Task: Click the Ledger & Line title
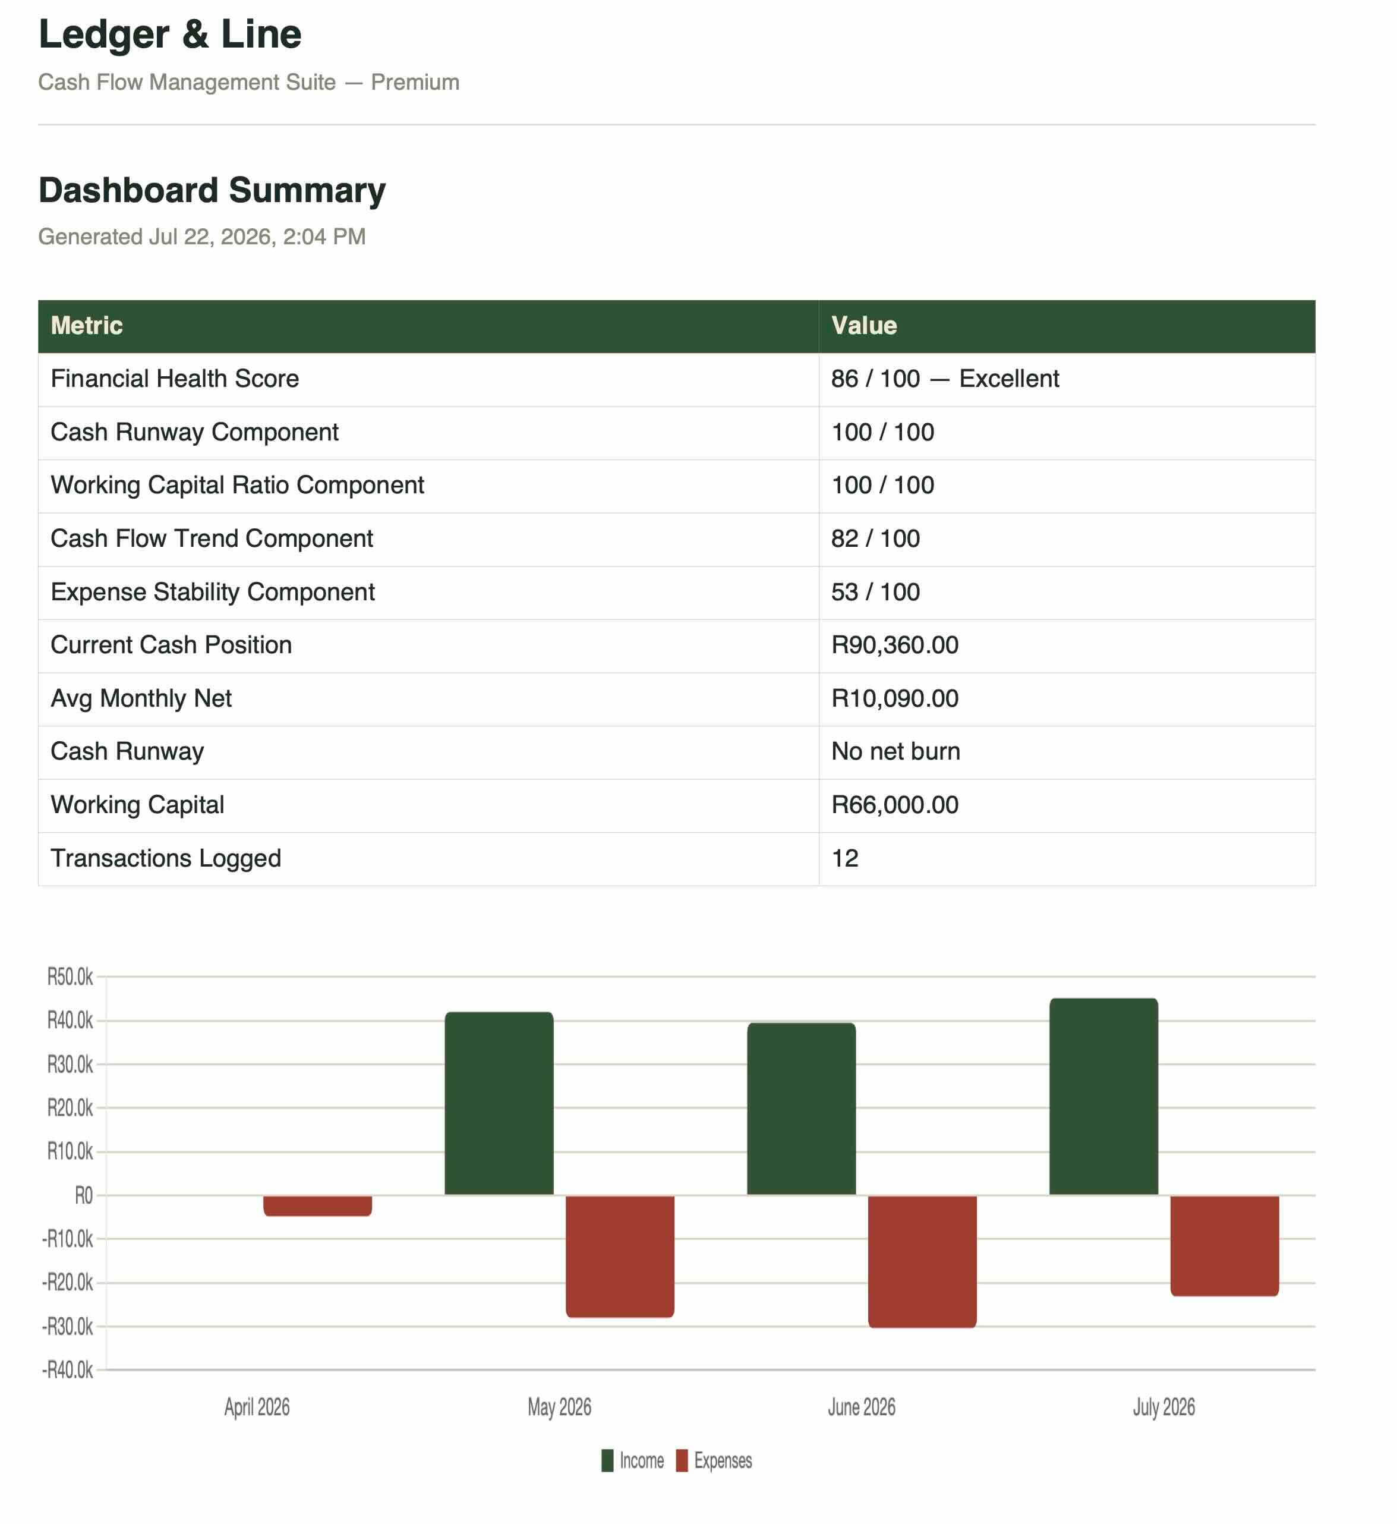[170, 35]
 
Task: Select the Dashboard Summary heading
[212, 191]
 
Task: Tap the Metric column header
[86, 326]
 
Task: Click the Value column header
[864, 326]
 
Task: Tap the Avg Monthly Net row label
[141, 699]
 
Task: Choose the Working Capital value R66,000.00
[895, 805]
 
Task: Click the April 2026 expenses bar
[317, 1205]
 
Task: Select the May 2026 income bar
[499, 1104]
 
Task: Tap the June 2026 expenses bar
[922, 1261]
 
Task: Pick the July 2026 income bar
[1103, 1097]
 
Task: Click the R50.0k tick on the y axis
[70, 977]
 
